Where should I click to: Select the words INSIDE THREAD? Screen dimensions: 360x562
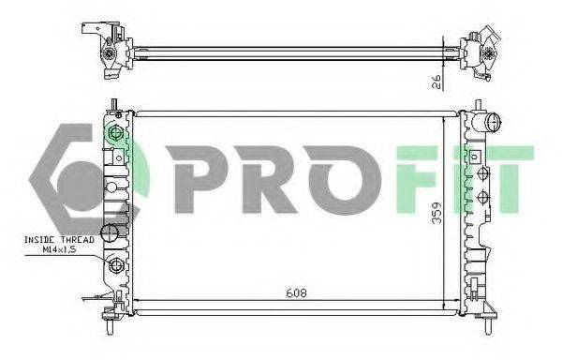(x=56, y=241)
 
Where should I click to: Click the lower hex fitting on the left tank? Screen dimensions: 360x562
(x=117, y=268)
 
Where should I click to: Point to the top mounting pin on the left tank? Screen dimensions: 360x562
(x=111, y=105)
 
